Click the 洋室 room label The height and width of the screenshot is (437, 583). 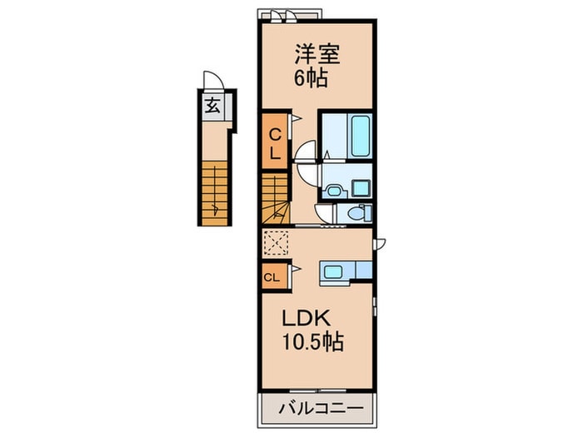tap(317, 54)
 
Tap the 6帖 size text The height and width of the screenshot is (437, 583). tap(311, 78)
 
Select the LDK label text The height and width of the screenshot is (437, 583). tap(306, 319)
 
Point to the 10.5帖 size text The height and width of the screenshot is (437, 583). tap(313, 341)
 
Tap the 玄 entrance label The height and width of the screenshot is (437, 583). tap(212, 106)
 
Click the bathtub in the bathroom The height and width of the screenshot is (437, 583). tap(361, 136)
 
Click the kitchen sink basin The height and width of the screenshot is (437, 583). tap(333, 271)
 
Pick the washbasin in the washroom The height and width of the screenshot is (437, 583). tap(334, 191)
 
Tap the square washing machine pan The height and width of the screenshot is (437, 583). tap(361, 188)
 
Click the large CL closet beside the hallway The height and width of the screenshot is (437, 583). tap(275, 142)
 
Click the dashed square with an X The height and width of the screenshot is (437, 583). tap(276, 243)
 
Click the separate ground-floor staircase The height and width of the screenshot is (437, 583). tap(215, 193)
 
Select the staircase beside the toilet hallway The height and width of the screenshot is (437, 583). tap(275, 199)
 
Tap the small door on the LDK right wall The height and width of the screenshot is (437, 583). tap(379, 245)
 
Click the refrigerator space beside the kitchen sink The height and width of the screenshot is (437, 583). tap(364, 271)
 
